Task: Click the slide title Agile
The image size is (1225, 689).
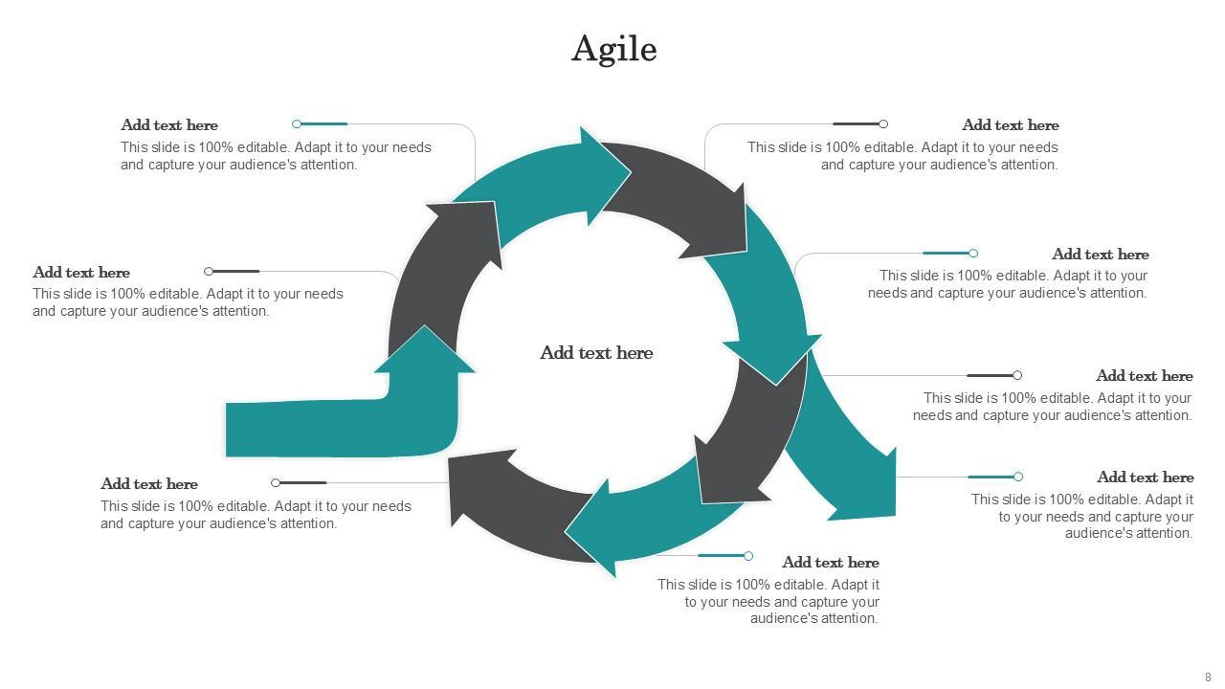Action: pos(613,49)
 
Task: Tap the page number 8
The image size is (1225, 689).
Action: pos(1208,678)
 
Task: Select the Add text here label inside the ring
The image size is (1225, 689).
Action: pos(596,353)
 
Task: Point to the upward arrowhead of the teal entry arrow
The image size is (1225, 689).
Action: pos(425,350)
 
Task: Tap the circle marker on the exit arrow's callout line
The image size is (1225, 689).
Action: pos(1018,477)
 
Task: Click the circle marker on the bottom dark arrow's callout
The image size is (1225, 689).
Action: pos(276,483)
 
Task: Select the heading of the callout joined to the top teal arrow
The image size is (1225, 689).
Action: pos(169,125)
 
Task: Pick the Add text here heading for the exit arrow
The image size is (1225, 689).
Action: pos(1145,478)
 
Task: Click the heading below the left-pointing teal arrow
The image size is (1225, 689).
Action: pos(830,563)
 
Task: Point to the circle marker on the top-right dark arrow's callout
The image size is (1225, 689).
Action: pos(883,123)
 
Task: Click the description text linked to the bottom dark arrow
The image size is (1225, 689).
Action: pos(256,515)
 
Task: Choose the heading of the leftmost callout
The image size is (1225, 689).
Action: pos(81,273)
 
